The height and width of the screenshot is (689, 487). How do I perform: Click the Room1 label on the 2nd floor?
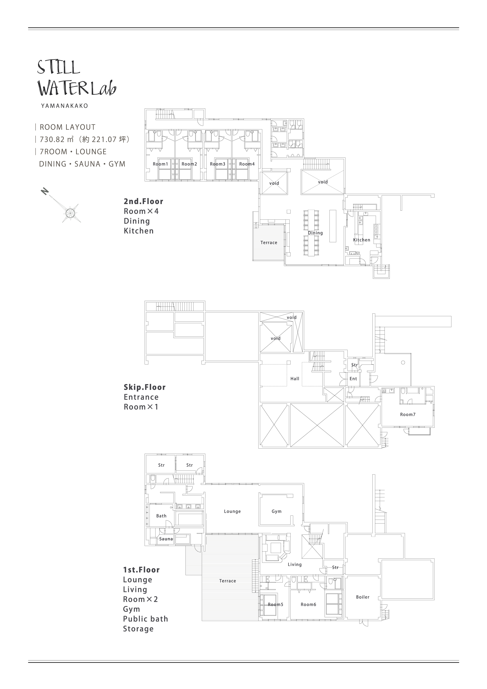160,164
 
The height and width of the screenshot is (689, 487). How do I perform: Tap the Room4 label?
247,164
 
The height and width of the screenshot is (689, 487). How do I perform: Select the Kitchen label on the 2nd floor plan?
362,240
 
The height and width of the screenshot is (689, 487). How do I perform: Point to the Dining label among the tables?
315,233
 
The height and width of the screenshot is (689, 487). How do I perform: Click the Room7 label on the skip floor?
408,414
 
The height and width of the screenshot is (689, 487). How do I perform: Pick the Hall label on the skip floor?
295,379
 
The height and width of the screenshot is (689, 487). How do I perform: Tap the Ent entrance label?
353,379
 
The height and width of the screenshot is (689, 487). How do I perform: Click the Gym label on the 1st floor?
277,511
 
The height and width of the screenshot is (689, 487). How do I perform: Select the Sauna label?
166,539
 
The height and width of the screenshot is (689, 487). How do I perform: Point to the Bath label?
161,516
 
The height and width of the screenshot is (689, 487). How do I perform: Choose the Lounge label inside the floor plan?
233,511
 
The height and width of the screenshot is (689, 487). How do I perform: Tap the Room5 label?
275,605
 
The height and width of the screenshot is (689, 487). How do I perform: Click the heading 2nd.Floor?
143,201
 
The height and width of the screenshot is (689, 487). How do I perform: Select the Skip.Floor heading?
145,387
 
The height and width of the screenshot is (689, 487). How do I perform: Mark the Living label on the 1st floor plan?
295,564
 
